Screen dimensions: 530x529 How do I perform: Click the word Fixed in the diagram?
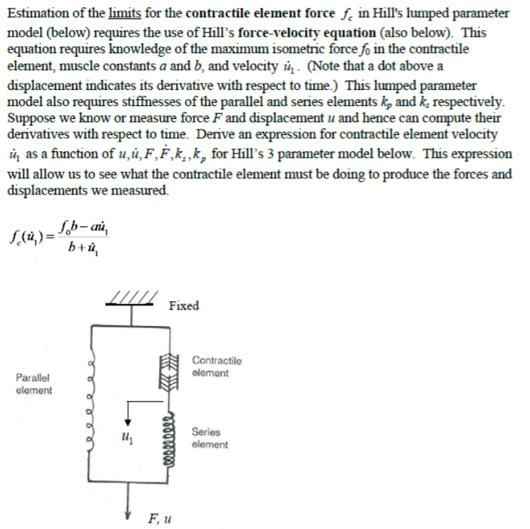184,306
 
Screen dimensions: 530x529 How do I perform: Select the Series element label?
209,438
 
